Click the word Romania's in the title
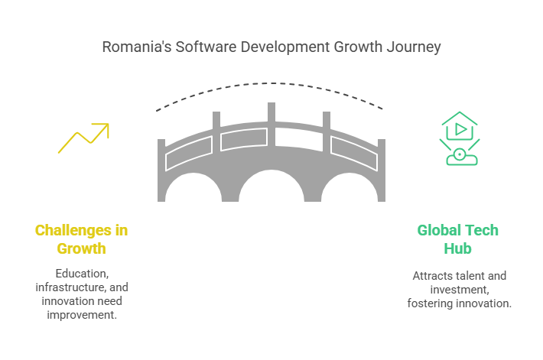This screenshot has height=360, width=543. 136,47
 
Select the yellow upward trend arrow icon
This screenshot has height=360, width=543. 83,138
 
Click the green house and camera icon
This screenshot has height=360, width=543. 460,138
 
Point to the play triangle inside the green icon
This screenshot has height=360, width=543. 460,129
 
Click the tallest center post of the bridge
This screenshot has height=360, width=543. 271,124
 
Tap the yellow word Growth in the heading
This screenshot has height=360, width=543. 81,248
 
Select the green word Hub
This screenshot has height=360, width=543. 458,248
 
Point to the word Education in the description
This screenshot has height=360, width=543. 82,274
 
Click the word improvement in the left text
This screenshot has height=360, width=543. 82,315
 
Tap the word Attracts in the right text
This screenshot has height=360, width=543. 431,276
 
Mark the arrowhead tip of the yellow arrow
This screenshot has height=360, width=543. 109,124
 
